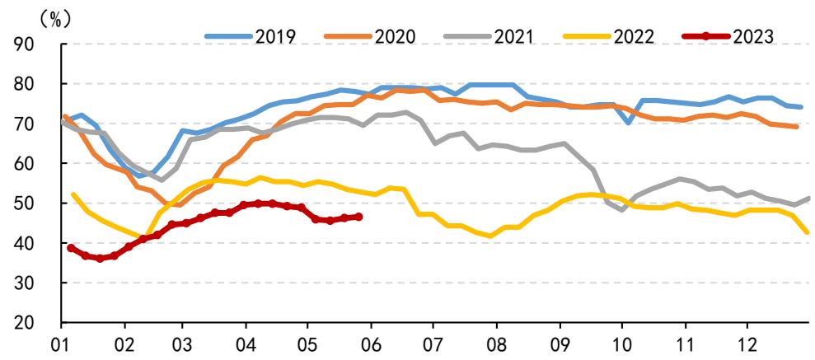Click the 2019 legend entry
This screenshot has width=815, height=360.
pyautogui.click(x=251, y=36)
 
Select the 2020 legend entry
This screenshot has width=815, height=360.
pyautogui.click(x=369, y=36)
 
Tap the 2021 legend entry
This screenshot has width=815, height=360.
pyautogui.click(x=489, y=36)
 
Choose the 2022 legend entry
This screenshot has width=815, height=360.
pyautogui.click(x=609, y=36)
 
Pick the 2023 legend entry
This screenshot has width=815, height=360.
pyautogui.click(x=728, y=36)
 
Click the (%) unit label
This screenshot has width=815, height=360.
pyautogui.click(x=55, y=19)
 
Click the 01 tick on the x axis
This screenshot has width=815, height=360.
pyautogui.click(x=61, y=344)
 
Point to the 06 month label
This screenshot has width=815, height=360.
pyautogui.click(x=370, y=344)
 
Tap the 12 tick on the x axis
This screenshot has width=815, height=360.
pyautogui.click(x=747, y=344)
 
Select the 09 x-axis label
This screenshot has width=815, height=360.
pyautogui.click(x=560, y=344)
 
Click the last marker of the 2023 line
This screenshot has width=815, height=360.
pyautogui.click(x=358, y=217)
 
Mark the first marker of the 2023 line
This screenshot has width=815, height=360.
pyautogui.click(x=71, y=248)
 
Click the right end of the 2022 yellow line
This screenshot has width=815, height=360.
pyautogui.click(x=808, y=231)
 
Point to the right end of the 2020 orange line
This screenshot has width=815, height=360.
pyautogui.click(x=796, y=126)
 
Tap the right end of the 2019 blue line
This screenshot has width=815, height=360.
pyautogui.click(x=801, y=107)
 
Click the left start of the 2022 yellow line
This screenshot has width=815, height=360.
pyautogui.click(x=73, y=194)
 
